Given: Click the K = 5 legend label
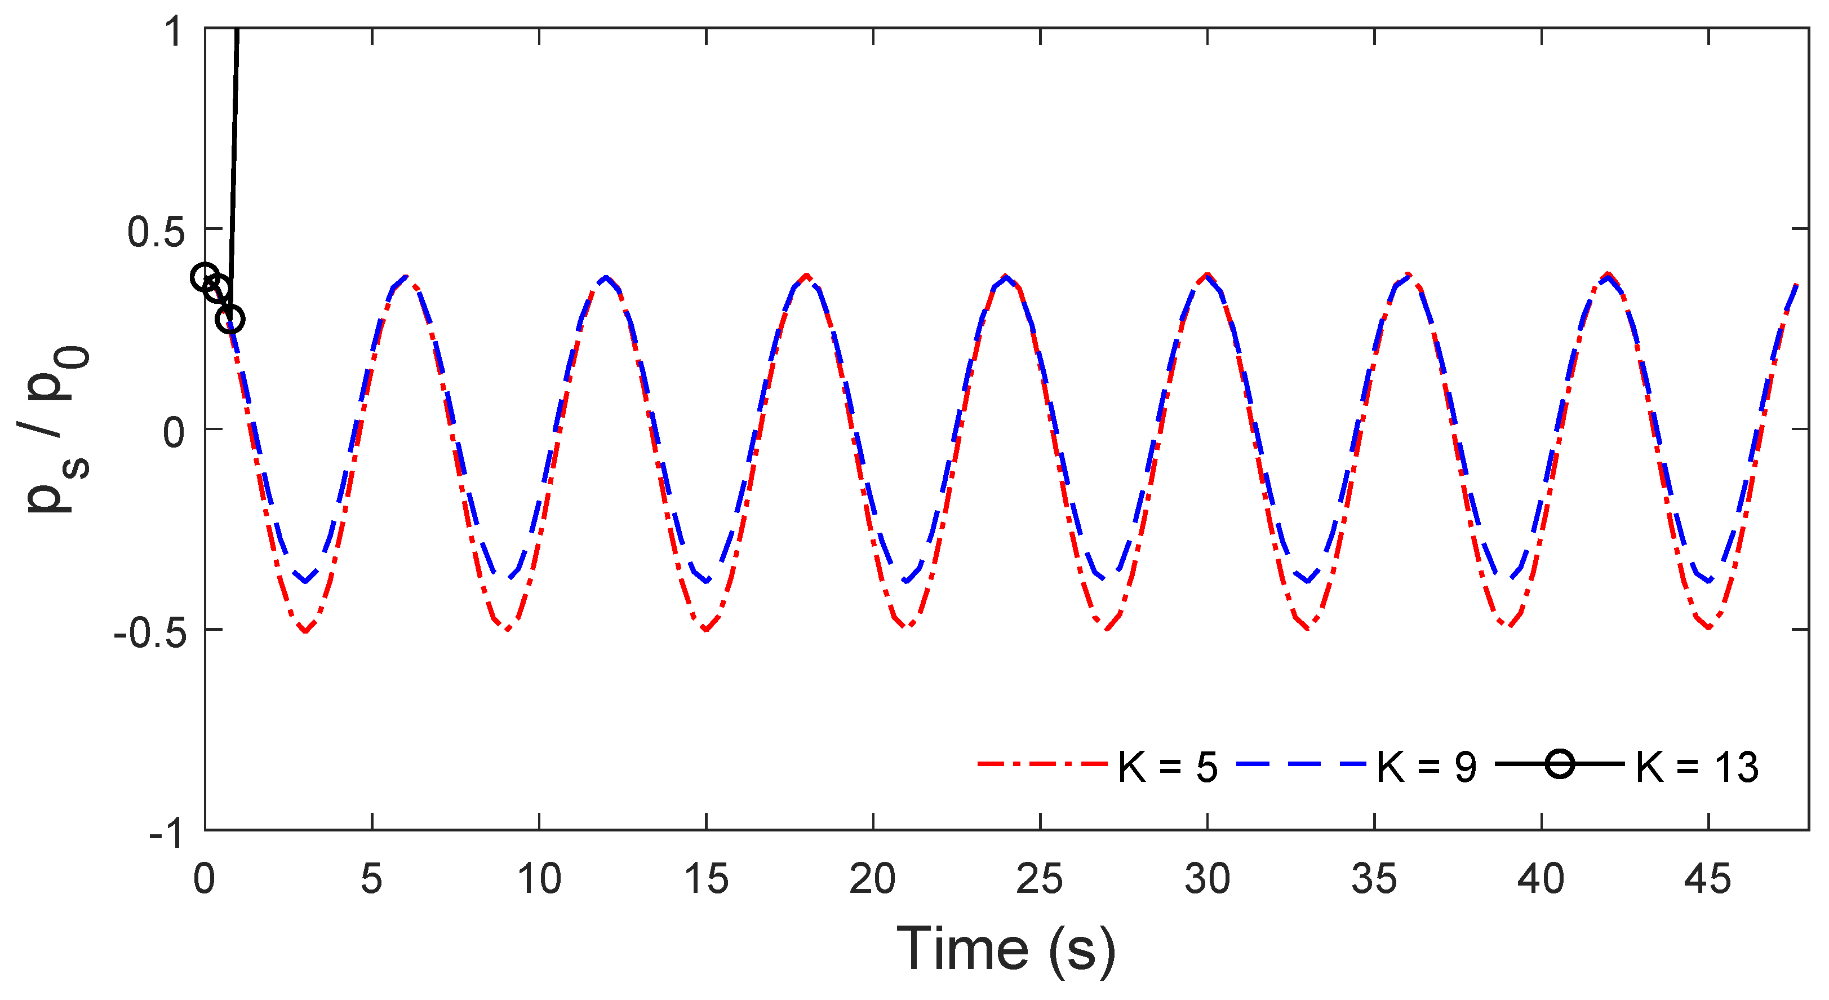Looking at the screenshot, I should (x=1167, y=768).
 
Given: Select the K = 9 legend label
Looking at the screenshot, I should (x=1427, y=768).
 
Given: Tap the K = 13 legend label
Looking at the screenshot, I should (x=1697, y=768).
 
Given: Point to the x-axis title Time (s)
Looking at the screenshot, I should (x=1005, y=950).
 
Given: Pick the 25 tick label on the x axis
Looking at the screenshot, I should (x=1040, y=879).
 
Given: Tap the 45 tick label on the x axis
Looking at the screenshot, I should (x=1708, y=879).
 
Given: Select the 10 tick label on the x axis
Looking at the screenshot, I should (x=539, y=879).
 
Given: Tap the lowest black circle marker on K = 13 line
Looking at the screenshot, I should (x=230, y=320).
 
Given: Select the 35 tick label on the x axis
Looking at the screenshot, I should (x=1374, y=879).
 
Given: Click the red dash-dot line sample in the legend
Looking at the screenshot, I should (x=1042, y=764).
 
